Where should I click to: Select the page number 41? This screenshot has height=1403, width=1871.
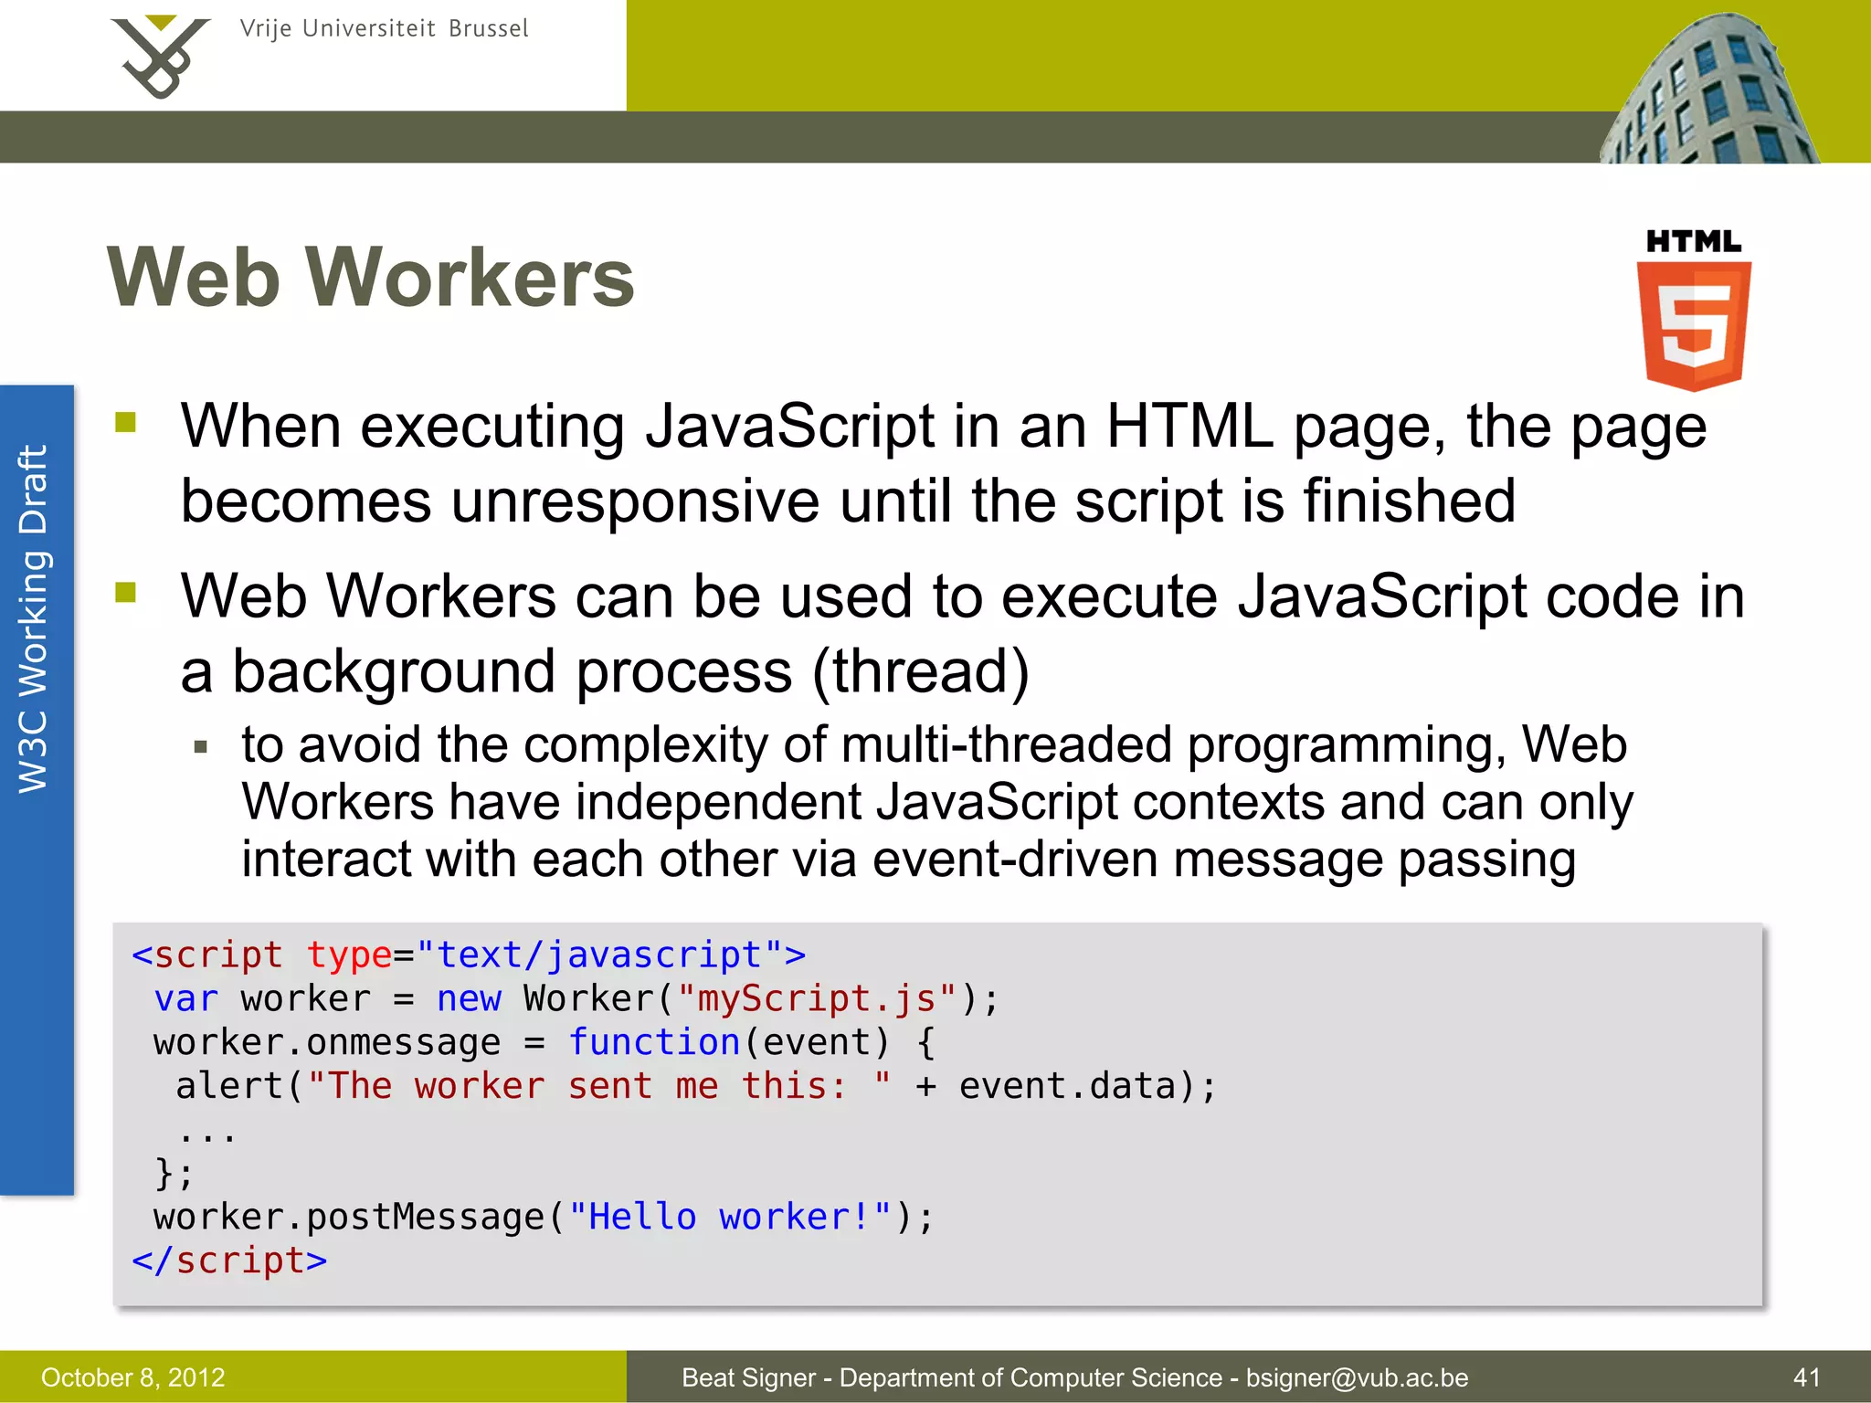point(1806,1377)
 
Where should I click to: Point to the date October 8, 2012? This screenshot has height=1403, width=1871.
point(133,1377)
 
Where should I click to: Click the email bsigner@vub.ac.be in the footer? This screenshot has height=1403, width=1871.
point(1357,1377)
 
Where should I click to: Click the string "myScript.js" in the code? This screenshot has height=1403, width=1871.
point(818,998)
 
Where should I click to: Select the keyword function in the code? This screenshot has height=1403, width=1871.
point(654,1042)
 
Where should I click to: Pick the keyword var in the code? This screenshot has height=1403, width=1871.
point(186,998)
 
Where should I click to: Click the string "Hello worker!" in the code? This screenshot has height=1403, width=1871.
point(730,1217)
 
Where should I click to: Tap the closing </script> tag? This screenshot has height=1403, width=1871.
point(229,1261)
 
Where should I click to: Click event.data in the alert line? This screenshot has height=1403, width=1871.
point(1067,1086)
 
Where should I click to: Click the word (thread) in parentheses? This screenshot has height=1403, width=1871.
point(921,671)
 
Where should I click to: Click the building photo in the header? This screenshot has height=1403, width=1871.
point(1708,91)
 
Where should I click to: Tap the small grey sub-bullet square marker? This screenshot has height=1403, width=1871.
point(202,747)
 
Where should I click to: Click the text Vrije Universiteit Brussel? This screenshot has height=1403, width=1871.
point(384,28)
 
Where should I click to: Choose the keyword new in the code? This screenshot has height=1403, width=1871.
point(469,998)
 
